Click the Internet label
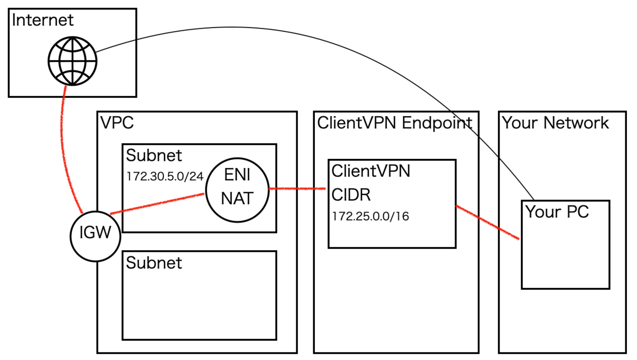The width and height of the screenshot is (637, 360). tap(42, 21)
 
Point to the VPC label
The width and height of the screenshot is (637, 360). tap(116, 123)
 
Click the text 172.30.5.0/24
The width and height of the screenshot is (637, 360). tap(165, 176)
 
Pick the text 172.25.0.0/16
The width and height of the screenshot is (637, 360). tap(371, 217)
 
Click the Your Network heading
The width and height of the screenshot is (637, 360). tap(555, 123)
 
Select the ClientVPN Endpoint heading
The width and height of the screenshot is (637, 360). tap(394, 123)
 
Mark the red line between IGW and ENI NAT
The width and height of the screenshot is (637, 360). tap(157, 203)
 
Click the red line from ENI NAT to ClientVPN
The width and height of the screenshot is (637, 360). tap(298, 188)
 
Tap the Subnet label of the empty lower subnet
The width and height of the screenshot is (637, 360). tap(154, 263)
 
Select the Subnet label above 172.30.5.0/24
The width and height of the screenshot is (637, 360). tap(154, 156)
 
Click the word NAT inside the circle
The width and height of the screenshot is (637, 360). tap(237, 199)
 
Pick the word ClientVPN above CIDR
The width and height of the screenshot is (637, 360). tap(371, 171)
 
